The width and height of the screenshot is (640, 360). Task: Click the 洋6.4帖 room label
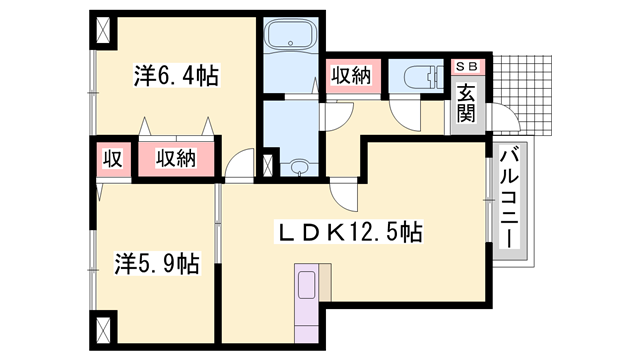click(x=177, y=75)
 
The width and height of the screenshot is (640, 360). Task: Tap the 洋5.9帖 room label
click(x=156, y=264)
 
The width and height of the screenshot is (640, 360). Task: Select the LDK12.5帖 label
click(x=349, y=233)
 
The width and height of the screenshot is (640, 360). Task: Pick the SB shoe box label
click(x=468, y=67)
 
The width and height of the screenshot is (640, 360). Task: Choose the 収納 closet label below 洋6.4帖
click(x=176, y=157)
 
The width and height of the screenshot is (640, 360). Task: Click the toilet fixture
click(x=420, y=75)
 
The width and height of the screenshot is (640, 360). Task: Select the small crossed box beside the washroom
click(x=267, y=166)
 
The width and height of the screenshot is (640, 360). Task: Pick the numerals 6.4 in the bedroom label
click(x=181, y=75)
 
